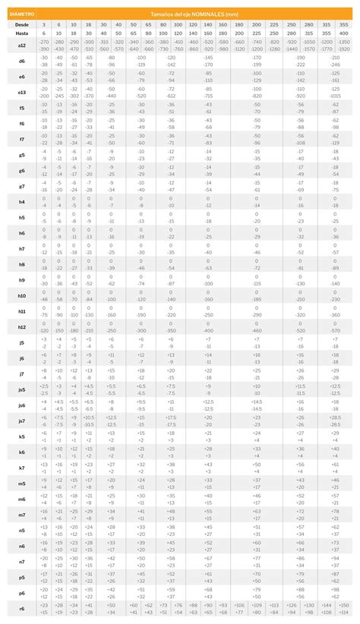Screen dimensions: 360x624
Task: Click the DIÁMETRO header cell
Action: click(21, 14)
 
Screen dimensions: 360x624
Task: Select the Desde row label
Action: click(21, 25)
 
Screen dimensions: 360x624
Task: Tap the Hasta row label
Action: click(21, 33)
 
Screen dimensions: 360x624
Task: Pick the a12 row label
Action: click(21, 46)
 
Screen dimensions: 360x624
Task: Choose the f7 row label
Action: click(21, 140)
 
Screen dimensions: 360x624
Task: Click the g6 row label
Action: click(21, 171)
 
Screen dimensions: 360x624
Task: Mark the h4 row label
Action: click(21, 202)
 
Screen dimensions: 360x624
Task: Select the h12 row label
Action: click(21, 326)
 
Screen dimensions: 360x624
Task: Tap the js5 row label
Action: click(21, 389)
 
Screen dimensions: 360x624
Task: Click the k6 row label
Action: click(21, 452)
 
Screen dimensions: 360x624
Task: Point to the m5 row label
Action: click(21, 484)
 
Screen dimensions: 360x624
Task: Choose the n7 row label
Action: click(21, 562)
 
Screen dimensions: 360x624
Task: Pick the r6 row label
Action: click(21, 609)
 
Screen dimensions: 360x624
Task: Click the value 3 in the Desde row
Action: click(44, 25)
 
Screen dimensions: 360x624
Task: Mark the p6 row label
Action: click(21, 593)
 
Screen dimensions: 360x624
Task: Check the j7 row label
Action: click(21, 373)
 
